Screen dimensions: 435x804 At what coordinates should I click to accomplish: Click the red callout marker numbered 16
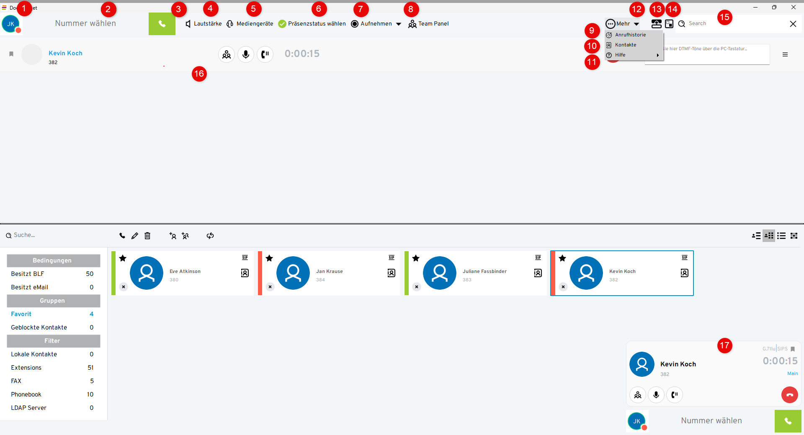(x=199, y=74)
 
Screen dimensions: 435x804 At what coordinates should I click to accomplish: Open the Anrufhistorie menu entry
(x=630, y=35)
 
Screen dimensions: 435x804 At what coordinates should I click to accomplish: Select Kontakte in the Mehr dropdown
(x=625, y=45)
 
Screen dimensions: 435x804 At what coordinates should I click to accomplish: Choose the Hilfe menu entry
(x=620, y=55)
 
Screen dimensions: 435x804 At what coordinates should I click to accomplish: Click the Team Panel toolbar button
(x=428, y=24)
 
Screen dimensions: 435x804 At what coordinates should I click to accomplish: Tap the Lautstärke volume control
(x=204, y=24)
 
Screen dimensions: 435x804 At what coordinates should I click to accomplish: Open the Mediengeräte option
(x=250, y=24)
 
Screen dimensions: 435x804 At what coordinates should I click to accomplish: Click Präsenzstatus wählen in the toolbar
(x=312, y=24)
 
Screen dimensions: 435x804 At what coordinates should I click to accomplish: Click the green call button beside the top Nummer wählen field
(x=162, y=24)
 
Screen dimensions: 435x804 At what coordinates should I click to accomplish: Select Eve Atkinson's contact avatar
(x=147, y=273)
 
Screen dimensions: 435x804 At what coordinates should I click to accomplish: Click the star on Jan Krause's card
(x=269, y=258)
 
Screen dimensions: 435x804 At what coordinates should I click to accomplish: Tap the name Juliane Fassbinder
(x=484, y=271)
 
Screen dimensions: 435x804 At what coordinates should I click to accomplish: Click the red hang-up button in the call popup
(x=789, y=395)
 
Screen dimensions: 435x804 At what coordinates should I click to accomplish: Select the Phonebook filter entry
(x=26, y=394)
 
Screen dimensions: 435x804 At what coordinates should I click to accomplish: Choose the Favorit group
(x=21, y=314)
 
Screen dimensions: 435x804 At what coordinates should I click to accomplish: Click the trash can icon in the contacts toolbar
(x=147, y=236)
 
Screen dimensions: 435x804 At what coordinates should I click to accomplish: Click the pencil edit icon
(x=134, y=236)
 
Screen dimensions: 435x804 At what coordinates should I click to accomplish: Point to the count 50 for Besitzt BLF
(x=90, y=274)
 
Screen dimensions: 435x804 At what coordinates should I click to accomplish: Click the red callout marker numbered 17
(x=724, y=346)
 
